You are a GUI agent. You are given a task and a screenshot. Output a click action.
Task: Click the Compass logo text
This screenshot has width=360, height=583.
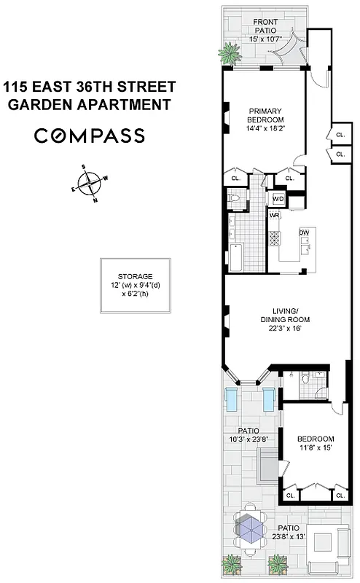coord(90,136)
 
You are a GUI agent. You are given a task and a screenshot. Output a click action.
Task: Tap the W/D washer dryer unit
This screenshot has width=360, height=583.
coord(278,199)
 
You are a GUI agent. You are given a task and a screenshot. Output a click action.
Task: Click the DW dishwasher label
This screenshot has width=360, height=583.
coord(304,232)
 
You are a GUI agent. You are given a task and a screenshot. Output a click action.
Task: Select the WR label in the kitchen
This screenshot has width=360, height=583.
coord(275,216)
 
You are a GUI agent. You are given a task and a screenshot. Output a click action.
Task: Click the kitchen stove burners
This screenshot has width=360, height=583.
coord(275,237)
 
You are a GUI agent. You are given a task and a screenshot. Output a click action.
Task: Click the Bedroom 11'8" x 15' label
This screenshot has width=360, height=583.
coord(316,442)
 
